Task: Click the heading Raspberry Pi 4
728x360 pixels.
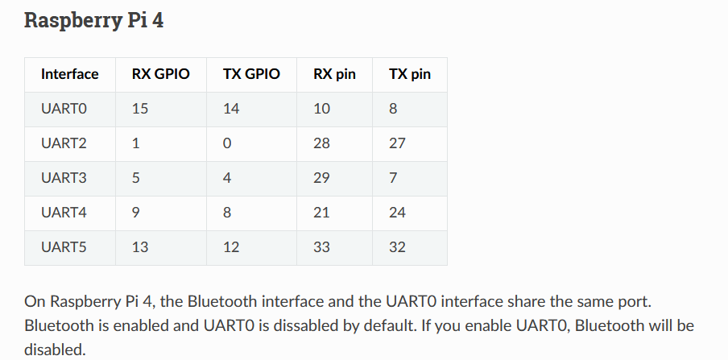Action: [93, 20]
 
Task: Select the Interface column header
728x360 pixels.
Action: [69, 74]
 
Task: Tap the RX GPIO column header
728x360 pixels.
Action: [160, 74]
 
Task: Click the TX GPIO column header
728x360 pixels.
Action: [251, 74]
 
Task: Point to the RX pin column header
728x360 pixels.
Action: [334, 74]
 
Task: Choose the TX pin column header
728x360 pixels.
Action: [409, 74]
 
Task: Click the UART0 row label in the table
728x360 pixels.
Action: [64, 109]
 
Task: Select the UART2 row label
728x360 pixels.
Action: [64, 143]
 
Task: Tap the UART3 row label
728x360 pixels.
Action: [64, 178]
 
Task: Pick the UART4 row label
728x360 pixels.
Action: [64, 213]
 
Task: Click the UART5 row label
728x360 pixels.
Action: [64, 247]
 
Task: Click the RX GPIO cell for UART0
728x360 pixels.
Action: [140, 109]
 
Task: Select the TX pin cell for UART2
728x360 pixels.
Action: [397, 143]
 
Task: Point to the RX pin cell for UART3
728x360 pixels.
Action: [321, 178]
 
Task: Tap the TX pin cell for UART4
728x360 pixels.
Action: [397, 213]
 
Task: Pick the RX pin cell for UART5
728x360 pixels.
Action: [321, 247]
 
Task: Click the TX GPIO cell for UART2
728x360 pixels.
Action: [226, 143]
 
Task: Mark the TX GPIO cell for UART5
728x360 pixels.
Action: [231, 247]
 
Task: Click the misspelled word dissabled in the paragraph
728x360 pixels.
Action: [306, 325]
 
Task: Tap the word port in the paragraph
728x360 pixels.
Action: [635, 302]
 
